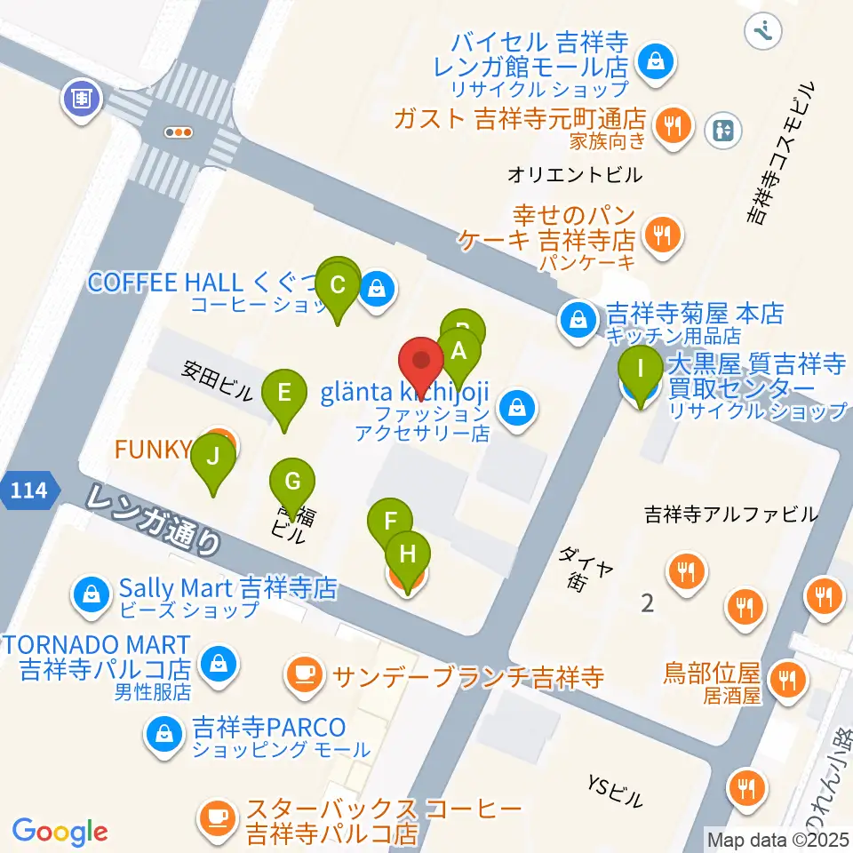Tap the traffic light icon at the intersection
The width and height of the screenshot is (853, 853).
(179, 132)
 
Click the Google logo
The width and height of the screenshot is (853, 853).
(60, 833)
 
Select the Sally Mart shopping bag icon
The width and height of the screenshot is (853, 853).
(92, 590)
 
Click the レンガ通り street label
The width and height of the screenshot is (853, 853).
(155, 520)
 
